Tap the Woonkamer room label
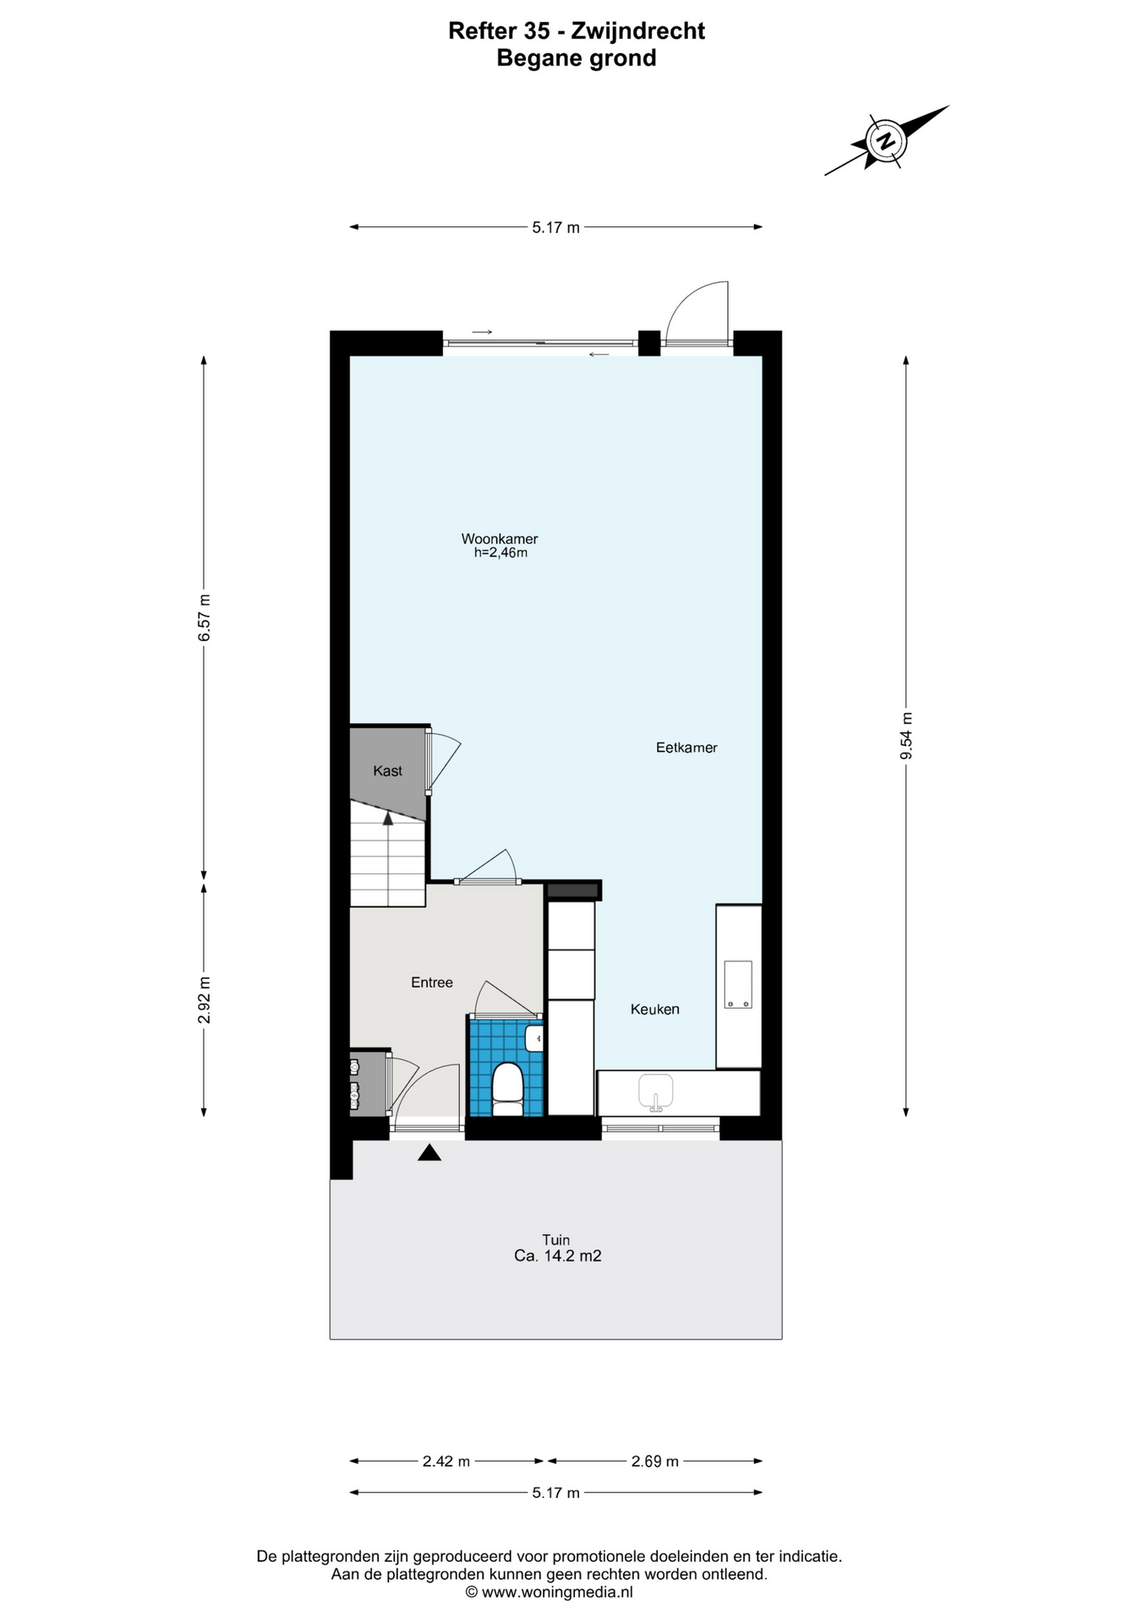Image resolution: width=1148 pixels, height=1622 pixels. (x=500, y=539)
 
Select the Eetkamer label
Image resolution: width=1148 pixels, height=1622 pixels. (x=686, y=748)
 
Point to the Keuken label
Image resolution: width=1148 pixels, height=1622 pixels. (x=655, y=1010)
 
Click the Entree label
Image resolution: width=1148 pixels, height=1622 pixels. (x=432, y=982)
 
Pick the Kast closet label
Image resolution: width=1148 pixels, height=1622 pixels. (x=388, y=771)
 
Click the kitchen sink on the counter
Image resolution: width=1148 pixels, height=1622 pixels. (x=655, y=1091)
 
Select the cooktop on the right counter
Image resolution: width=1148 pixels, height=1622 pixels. (x=738, y=985)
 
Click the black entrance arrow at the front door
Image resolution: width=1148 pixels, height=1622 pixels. (x=429, y=1152)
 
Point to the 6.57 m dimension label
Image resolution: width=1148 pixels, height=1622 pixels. (x=204, y=618)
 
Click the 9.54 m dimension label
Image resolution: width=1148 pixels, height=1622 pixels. (x=906, y=736)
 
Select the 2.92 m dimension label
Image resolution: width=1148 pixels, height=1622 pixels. (x=204, y=1000)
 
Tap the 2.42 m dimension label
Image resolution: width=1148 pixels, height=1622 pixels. (x=446, y=1461)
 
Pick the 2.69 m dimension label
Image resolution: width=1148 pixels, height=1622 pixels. (x=655, y=1461)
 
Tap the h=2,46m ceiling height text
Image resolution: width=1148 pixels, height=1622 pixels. (x=500, y=553)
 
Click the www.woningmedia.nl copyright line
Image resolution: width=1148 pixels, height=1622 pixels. (x=549, y=1592)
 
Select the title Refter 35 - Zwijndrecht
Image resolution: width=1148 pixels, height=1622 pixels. (x=577, y=31)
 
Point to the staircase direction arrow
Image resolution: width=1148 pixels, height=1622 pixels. (x=388, y=818)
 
